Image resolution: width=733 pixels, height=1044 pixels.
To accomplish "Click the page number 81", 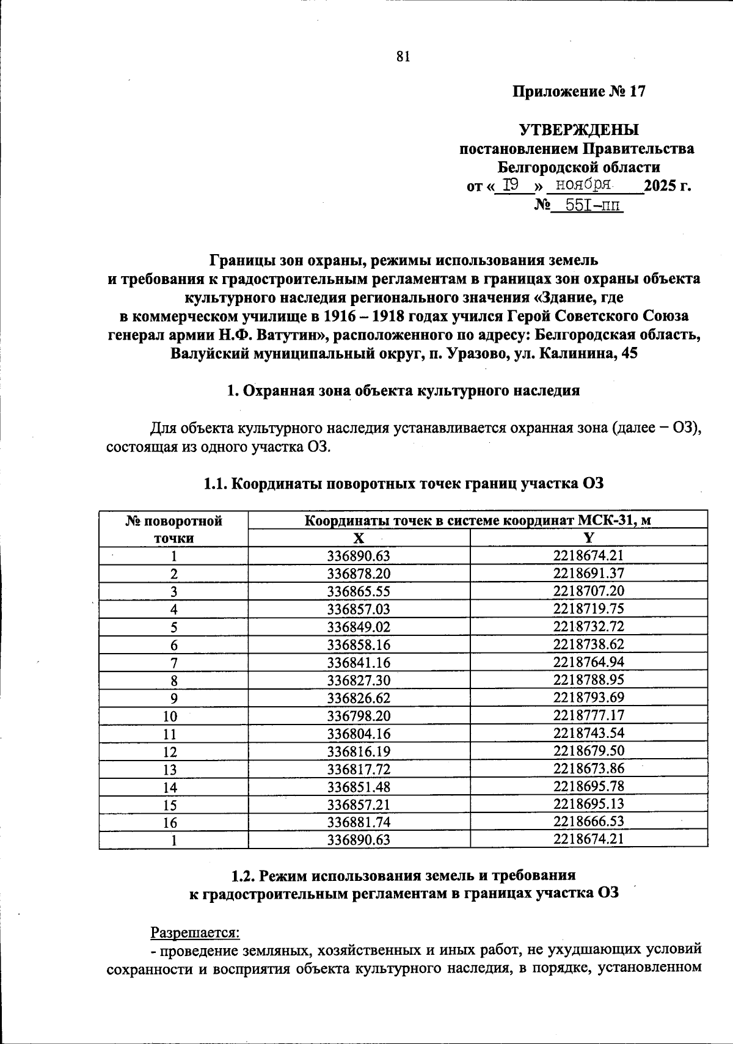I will coord(403,57).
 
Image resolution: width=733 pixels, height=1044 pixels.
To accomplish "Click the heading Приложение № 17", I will coord(578,92).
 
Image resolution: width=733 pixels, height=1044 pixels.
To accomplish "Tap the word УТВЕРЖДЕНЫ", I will coord(578,130).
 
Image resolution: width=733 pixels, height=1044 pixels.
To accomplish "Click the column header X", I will coord(359,538).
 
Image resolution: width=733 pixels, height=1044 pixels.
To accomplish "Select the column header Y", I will coord(589,538).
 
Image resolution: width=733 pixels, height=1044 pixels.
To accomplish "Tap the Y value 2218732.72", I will coord(589,627).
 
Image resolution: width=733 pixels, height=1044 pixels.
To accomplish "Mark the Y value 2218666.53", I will coord(589,822).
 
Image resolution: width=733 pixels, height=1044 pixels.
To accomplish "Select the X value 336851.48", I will coord(359,787).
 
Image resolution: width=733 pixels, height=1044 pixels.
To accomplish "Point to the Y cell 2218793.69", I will coord(589,698).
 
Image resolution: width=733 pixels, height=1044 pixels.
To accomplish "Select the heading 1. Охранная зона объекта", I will coord(403,392).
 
